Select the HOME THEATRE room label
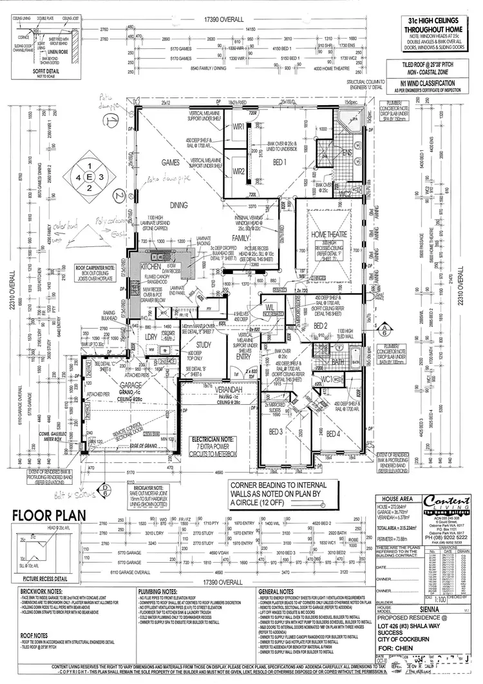[327, 237]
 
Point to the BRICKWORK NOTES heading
[41, 572]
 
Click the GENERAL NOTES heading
[276, 572]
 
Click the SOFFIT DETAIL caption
[30, 70]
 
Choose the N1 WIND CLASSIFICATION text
[428, 83]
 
